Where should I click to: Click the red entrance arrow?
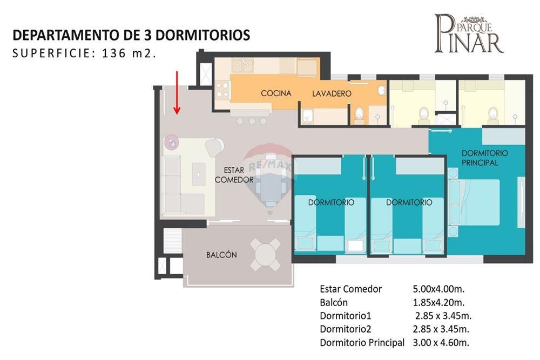click(x=177, y=93)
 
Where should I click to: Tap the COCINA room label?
click(x=276, y=93)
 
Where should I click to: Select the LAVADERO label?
click(x=332, y=93)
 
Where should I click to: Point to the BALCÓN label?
click(x=221, y=255)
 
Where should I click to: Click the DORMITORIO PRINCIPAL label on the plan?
click(x=484, y=158)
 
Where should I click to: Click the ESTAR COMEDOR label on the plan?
click(x=234, y=175)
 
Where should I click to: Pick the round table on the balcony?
click(x=266, y=255)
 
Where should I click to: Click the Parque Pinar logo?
click(x=469, y=33)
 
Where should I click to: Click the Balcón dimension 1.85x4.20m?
click(x=438, y=303)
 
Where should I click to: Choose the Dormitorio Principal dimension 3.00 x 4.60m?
click(x=441, y=343)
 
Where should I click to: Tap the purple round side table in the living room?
click(x=172, y=142)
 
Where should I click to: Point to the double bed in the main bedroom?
click(x=475, y=202)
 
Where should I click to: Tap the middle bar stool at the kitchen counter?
click(x=252, y=121)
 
